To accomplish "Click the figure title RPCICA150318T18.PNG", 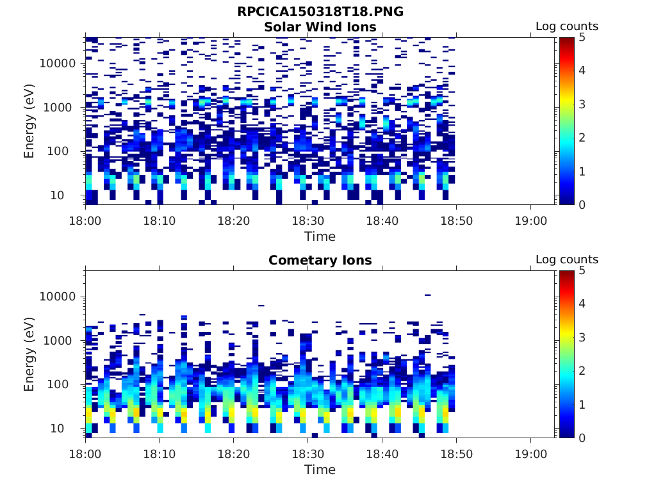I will [320, 12].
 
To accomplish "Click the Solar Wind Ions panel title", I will [320, 27].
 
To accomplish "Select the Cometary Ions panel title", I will [320, 260].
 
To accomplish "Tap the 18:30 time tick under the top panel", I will [307, 220].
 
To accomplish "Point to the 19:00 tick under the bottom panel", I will [530, 453].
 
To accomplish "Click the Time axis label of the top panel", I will [320, 236].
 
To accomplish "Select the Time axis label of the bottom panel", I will [320, 470].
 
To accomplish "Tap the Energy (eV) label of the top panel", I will [29, 121].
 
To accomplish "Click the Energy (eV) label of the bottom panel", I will [29, 354].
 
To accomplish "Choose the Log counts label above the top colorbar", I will [567, 26].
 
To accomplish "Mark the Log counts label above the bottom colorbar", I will [567, 259].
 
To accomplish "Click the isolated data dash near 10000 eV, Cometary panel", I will [427, 295].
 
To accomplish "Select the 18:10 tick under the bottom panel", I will [159, 453].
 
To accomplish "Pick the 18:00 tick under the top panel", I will [85, 220].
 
